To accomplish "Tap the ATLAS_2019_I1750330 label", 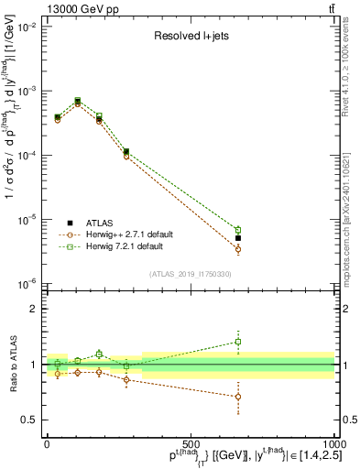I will pyautogui.click(x=190, y=274).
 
